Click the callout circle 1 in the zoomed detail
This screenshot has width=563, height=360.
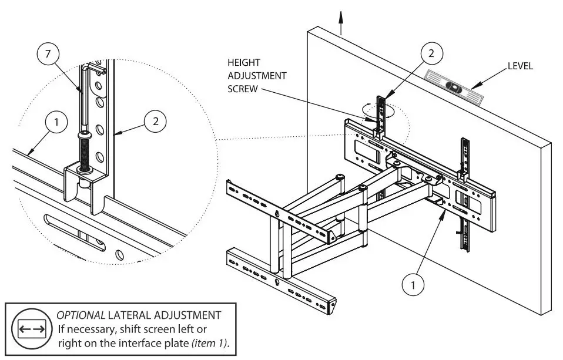click(56, 123)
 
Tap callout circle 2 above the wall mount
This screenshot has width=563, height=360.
click(431, 53)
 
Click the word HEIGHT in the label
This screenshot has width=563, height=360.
click(243, 62)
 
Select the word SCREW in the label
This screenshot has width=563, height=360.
click(242, 89)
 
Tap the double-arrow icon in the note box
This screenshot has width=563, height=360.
click(32, 329)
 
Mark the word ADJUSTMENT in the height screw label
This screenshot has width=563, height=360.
click(257, 76)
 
